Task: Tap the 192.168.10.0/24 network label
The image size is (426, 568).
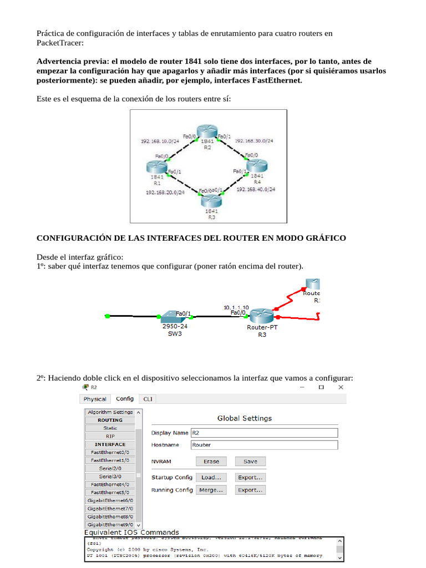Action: pyautogui.click(x=160, y=141)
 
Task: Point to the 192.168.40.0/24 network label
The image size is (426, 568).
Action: pyautogui.click(x=256, y=190)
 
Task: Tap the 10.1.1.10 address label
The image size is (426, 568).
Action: pyautogui.click(x=236, y=307)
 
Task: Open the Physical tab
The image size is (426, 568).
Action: pyautogui.click(x=95, y=399)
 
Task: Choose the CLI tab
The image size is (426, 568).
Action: pyautogui.click(x=148, y=399)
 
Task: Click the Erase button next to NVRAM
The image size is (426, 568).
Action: pyautogui.click(x=211, y=461)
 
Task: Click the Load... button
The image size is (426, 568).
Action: pyautogui.click(x=211, y=477)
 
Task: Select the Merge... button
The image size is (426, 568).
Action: pyautogui.click(x=211, y=490)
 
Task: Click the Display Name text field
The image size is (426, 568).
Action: pyautogui.click(x=264, y=433)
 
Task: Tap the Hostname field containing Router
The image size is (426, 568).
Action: pyautogui.click(x=264, y=445)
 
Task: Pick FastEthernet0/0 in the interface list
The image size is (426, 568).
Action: pyautogui.click(x=110, y=453)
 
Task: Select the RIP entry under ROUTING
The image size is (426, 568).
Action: pyautogui.click(x=110, y=437)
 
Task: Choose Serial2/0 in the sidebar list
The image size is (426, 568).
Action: pyautogui.click(x=110, y=468)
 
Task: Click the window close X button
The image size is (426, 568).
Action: pyautogui.click(x=341, y=387)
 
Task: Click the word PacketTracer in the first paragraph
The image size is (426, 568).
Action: pyautogui.click(x=59, y=43)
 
